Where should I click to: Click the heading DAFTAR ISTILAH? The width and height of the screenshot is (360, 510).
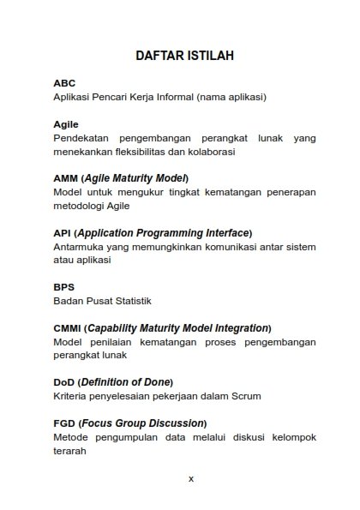[185, 56]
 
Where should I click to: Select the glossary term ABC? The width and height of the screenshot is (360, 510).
[64, 83]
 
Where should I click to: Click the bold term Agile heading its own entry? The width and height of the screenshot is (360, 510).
[66, 124]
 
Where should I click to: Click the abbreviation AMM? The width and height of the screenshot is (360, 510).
[66, 178]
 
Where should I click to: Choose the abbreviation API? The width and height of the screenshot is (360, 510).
[62, 232]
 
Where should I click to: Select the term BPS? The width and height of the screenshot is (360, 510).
[64, 287]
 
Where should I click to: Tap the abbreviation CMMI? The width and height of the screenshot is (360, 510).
[68, 327]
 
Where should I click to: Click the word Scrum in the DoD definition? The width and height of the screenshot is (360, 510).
[244, 396]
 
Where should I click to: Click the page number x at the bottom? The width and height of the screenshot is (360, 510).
[190, 479]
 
